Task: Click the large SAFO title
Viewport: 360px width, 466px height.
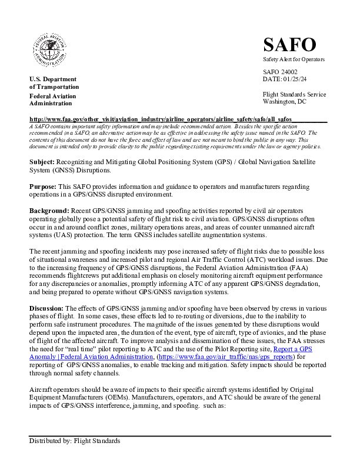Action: pyautogui.click(x=289, y=44)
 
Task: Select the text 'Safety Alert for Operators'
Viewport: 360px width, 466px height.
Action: pyautogui.click(x=294, y=60)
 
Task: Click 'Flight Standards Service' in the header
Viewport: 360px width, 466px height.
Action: pyautogui.click(x=294, y=94)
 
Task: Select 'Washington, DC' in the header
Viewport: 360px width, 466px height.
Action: pyautogui.click(x=284, y=101)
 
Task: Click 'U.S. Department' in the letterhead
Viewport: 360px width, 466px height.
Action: pyautogui.click(x=53, y=79)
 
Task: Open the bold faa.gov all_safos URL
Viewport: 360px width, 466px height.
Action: pyautogui.click(x=160, y=119)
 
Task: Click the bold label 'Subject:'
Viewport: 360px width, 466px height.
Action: pyautogui.click(x=42, y=161)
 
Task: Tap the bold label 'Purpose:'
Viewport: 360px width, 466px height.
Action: pyautogui.click(x=43, y=187)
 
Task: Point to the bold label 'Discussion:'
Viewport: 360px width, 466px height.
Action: pyautogui.click(x=47, y=308)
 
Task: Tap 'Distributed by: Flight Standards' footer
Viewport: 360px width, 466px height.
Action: pyautogui.click(x=75, y=441)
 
